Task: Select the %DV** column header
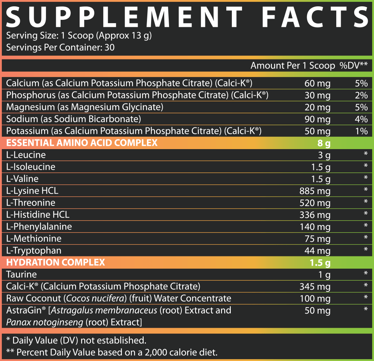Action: point(353,65)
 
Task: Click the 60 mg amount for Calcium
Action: point(318,83)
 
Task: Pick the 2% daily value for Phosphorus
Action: point(361,95)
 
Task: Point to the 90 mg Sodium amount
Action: point(318,119)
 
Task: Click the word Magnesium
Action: point(30,107)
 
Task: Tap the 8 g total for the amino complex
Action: point(324,143)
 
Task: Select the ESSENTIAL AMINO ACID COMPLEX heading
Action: point(82,143)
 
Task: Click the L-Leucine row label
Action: point(26,155)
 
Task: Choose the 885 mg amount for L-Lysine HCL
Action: point(315,191)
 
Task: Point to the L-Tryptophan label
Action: point(34,250)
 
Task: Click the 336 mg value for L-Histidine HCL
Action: point(315,215)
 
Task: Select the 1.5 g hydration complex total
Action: point(320,263)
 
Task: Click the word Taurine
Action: point(21,274)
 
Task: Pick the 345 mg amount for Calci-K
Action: point(315,287)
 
